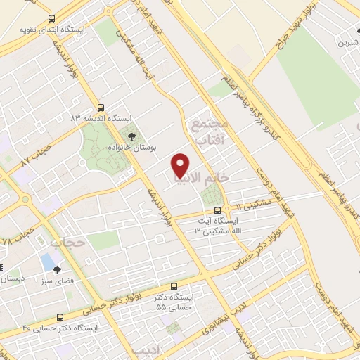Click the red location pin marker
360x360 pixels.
pos(181,165)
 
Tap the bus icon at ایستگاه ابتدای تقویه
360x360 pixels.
pos(51,18)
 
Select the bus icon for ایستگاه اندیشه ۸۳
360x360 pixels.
pos(101,108)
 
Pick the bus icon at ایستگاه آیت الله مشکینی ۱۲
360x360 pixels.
pos(217,210)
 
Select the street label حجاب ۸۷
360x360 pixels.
pos(36,156)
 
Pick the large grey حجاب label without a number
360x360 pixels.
pos(67,243)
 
